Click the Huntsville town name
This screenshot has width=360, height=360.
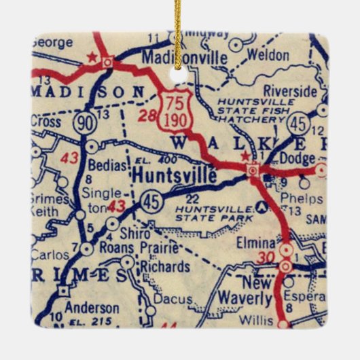(x=175, y=175)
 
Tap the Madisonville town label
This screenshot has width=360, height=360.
(x=184, y=58)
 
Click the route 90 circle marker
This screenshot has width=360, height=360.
(x=84, y=122)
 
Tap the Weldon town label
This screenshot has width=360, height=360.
(x=268, y=55)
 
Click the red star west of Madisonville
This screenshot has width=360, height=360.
(x=91, y=58)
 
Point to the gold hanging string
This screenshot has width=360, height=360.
(x=177, y=34)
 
